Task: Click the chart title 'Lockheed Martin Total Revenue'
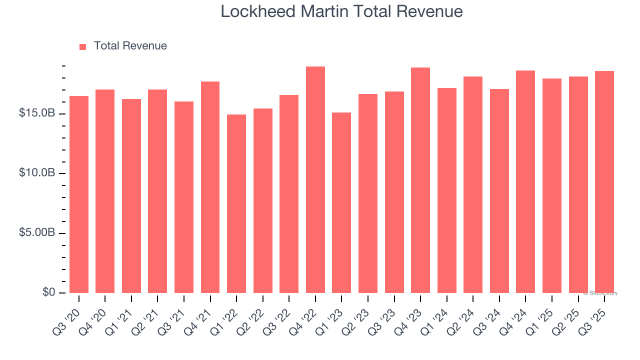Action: (x=341, y=11)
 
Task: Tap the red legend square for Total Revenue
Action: (x=83, y=46)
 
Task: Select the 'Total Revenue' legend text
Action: (x=130, y=46)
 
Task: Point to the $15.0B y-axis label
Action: (x=37, y=113)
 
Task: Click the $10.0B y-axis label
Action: (x=37, y=173)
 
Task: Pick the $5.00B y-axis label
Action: (x=37, y=233)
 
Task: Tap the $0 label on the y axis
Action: (x=48, y=292)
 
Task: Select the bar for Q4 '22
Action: (x=315, y=180)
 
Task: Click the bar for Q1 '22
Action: (x=236, y=204)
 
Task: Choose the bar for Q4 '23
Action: (x=420, y=180)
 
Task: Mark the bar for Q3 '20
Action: (x=79, y=194)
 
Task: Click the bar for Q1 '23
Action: (x=341, y=202)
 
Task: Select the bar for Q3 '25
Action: (x=604, y=182)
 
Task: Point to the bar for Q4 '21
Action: (x=210, y=187)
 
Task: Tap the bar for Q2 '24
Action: (x=473, y=184)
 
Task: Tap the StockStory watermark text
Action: (x=600, y=293)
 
